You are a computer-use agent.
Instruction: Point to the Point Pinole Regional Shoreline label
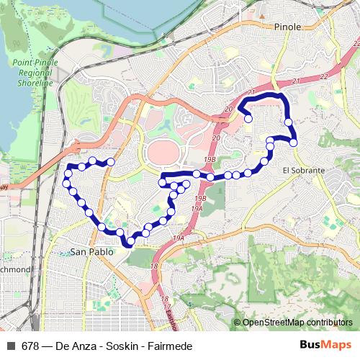click(x=33, y=73)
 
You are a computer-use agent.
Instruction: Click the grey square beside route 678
click(x=11, y=346)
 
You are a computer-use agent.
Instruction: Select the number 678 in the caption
click(x=30, y=346)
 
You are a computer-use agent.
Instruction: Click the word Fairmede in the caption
click(x=171, y=346)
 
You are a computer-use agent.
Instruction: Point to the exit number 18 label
click(x=154, y=266)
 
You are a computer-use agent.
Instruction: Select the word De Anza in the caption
click(x=76, y=346)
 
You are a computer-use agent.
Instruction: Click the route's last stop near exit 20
click(x=248, y=119)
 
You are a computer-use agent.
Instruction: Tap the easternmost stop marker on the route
click(x=294, y=143)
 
